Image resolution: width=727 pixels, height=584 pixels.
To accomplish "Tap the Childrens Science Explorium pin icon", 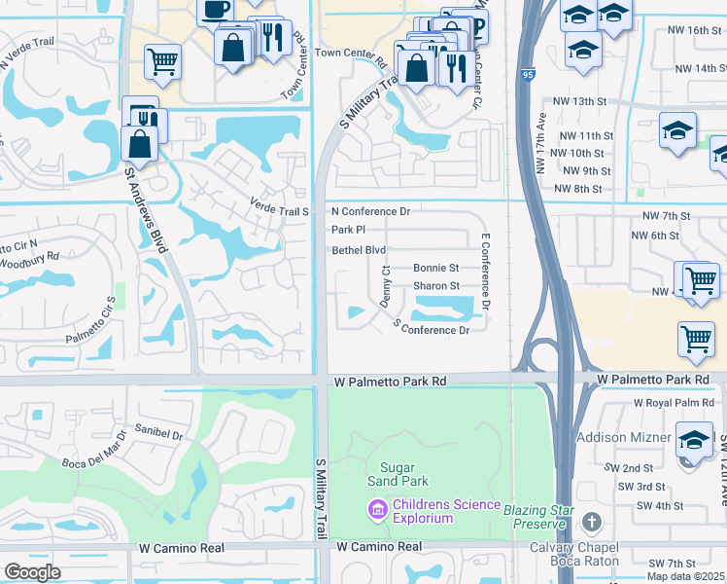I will point(376,508).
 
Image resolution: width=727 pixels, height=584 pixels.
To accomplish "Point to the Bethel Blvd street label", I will point(360,250).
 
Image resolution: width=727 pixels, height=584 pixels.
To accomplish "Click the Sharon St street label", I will point(436,286).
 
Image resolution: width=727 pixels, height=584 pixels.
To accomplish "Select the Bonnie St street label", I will point(435,268).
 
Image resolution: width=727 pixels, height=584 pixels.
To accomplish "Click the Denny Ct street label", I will point(385,287).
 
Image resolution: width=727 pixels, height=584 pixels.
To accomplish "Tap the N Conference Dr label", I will point(371,211).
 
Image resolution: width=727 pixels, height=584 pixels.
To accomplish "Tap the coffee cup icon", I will point(215,10).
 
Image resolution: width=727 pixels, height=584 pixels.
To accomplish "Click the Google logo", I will point(32,572).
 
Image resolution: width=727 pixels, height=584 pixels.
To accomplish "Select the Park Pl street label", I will point(348,231).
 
